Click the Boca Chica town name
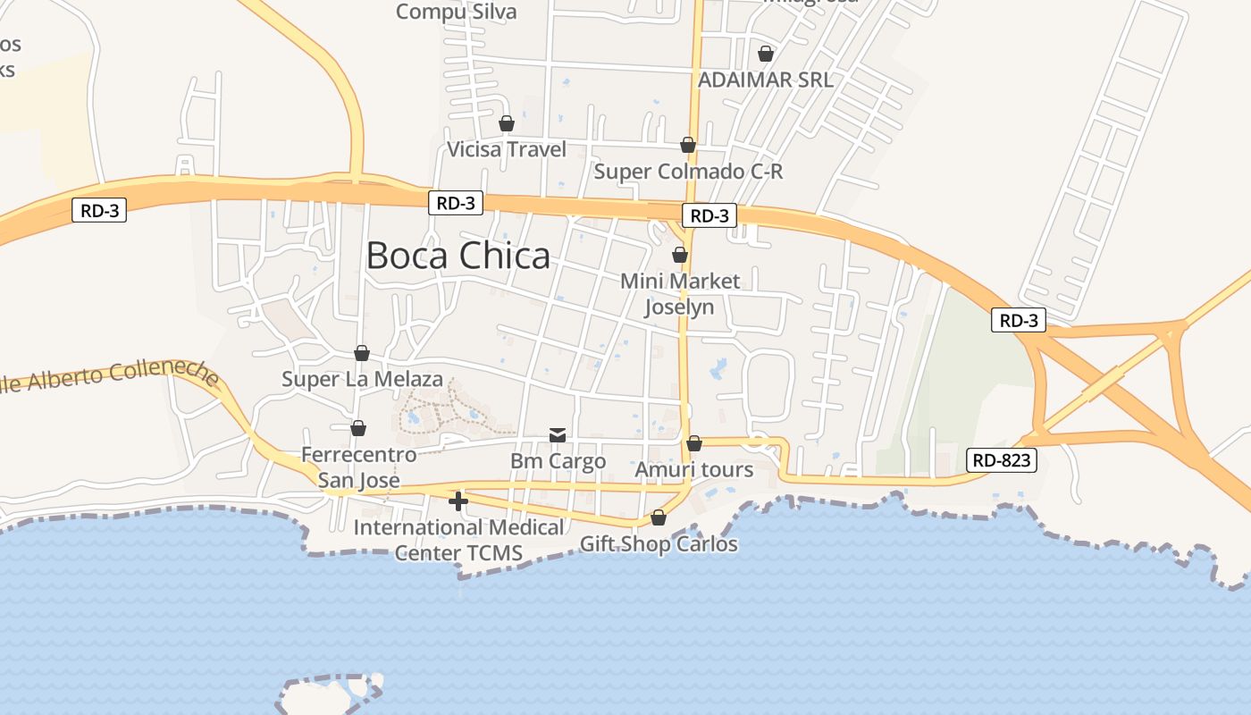point(458,256)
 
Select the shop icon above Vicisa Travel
point(507,123)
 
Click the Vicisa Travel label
point(507,149)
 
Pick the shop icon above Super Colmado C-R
point(688,145)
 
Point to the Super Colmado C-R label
point(688,171)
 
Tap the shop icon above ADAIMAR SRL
point(765,54)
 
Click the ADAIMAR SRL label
point(765,80)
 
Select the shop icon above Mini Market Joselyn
point(680,255)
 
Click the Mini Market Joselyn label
point(680,294)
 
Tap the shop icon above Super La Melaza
point(362,353)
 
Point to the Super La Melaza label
point(362,379)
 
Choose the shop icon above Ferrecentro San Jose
point(358,428)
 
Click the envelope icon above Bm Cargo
point(558,435)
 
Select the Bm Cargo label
point(558,461)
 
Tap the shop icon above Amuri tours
point(694,443)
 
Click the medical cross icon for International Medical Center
point(458,501)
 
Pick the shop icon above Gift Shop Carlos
point(659,517)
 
